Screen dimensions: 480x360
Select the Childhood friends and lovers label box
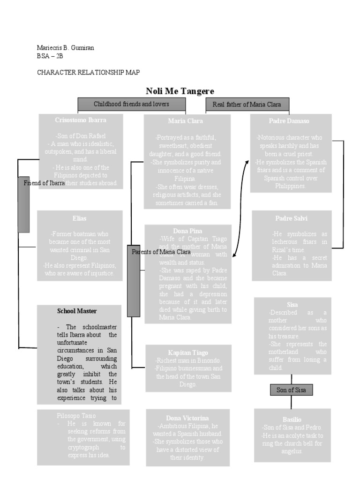click(x=131, y=104)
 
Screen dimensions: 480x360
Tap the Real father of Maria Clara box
click(x=247, y=105)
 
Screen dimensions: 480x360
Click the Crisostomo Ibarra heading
click(x=81, y=120)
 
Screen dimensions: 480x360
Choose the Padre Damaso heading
click(x=289, y=121)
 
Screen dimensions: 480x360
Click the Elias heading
click(x=79, y=218)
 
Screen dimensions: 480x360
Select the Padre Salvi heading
click(x=291, y=218)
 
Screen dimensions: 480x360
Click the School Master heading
click(x=77, y=311)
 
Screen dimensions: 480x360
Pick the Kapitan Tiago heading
click(x=188, y=352)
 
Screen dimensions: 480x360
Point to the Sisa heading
click(x=292, y=305)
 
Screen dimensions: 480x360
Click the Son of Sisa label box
click(x=291, y=390)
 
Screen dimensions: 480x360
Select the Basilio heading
click(x=292, y=419)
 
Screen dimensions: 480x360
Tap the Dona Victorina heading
click(x=187, y=418)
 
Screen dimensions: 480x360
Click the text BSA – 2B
click(x=50, y=56)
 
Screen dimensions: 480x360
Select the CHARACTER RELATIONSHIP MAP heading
click(x=88, y=72)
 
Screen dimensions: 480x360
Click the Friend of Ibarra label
click(x=44, y=183)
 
